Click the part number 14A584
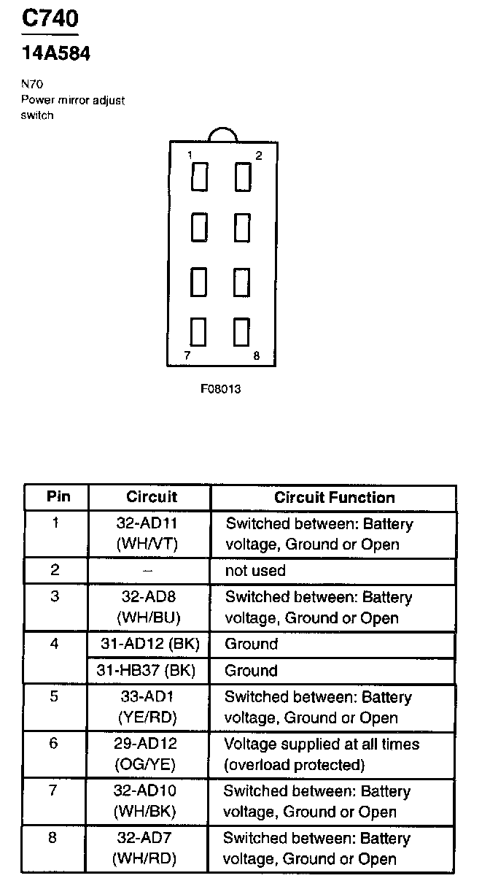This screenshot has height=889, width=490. (x=55, y=53)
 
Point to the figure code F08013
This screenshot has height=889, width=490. (x=220, y=389)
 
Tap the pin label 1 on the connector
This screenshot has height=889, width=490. (x=190, y=155)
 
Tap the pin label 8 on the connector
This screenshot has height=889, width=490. (x=256, y=356)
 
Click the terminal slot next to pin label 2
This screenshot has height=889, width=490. (x=242, y=177)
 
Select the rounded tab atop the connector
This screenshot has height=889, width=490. (x=222, y=134)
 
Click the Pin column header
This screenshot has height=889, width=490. (x=58, y=497)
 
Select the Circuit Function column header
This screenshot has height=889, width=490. (x=334, y=498)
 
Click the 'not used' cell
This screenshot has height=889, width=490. (x=255, y=570)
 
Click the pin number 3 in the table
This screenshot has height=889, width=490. (x=55, y=596)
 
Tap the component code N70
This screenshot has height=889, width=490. (x=32, y=85)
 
